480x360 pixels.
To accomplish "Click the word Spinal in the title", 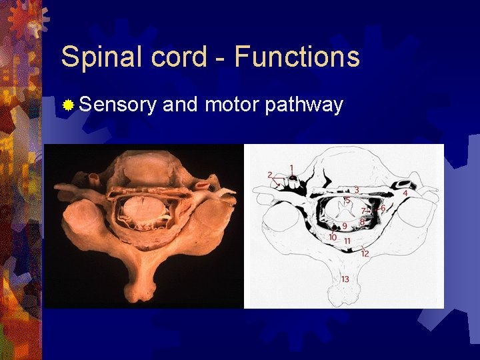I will [102, 57].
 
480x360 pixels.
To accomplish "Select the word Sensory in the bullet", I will [117, 105].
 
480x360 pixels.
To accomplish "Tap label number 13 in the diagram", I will [345, 279].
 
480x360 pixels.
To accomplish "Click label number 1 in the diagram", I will [291, 167].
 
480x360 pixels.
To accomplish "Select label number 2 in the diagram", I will [270, 175].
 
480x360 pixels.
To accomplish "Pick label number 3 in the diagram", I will [356, 190].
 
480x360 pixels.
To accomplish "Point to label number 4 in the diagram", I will [405, 193].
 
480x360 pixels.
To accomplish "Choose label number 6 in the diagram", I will [383, 208].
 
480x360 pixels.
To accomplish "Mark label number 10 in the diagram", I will [333, 237].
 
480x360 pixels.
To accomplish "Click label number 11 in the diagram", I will [347, 240].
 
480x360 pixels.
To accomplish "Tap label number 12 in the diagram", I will [365, 254].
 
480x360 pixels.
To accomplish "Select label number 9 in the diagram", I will [345, 226].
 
